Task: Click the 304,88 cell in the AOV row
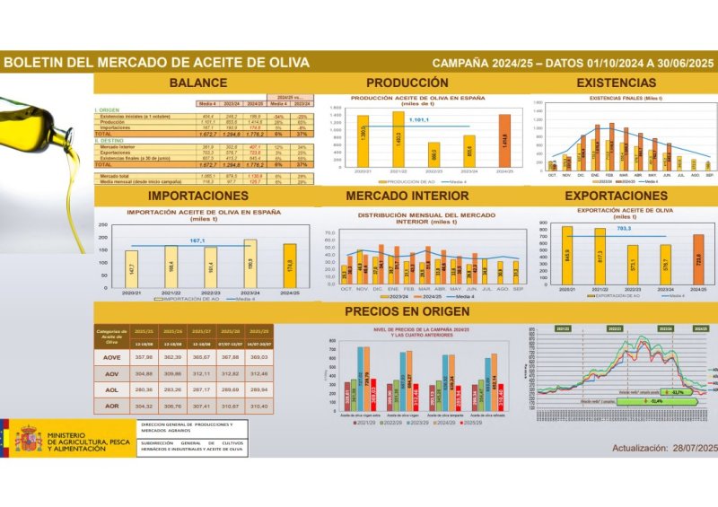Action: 143,373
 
